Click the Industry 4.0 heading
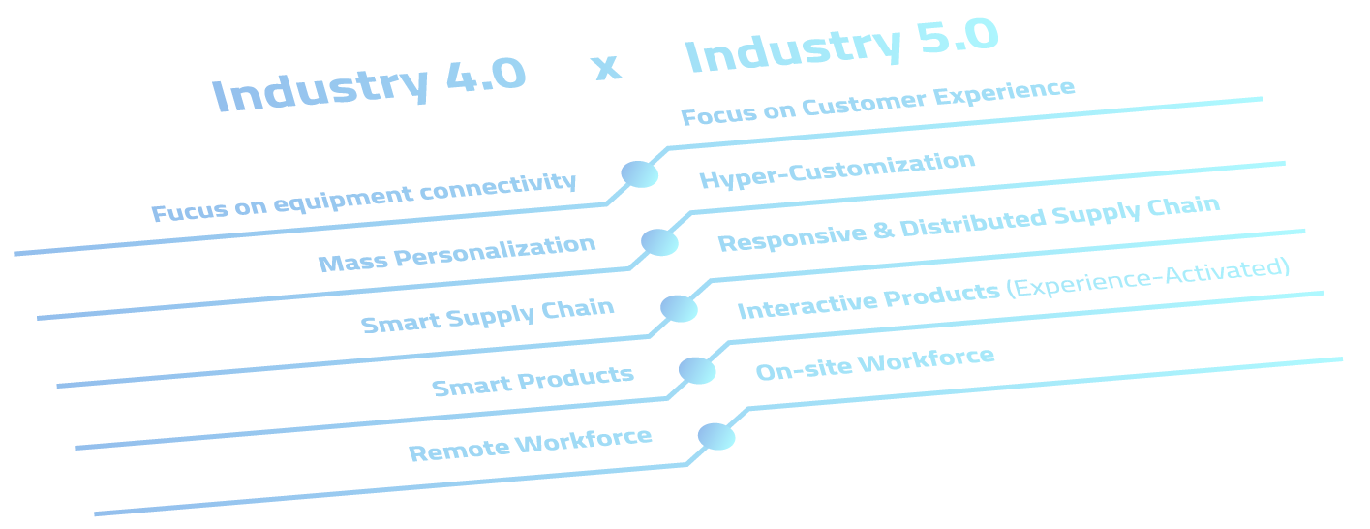369,86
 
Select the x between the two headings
606,67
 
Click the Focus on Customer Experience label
877,103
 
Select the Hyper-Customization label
837,171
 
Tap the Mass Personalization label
457,254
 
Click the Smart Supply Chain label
488,316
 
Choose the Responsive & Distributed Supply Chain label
968,224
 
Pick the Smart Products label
533,381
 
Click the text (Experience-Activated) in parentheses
1148,278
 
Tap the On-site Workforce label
874,363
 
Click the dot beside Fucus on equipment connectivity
640,174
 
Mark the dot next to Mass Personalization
659,242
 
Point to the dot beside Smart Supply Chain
679,309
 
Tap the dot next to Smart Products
697,371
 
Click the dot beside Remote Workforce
716,437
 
